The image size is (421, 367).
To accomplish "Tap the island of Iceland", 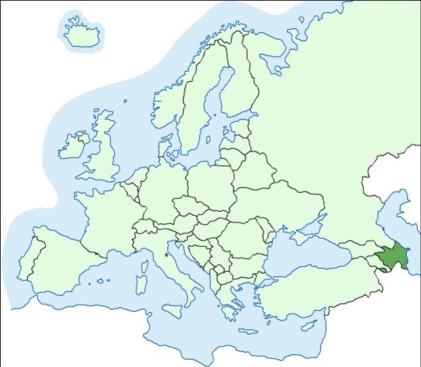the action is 82,34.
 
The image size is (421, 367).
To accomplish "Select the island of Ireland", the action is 73,146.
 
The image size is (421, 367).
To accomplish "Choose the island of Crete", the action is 248,331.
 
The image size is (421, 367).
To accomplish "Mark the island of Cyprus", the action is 309,326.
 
